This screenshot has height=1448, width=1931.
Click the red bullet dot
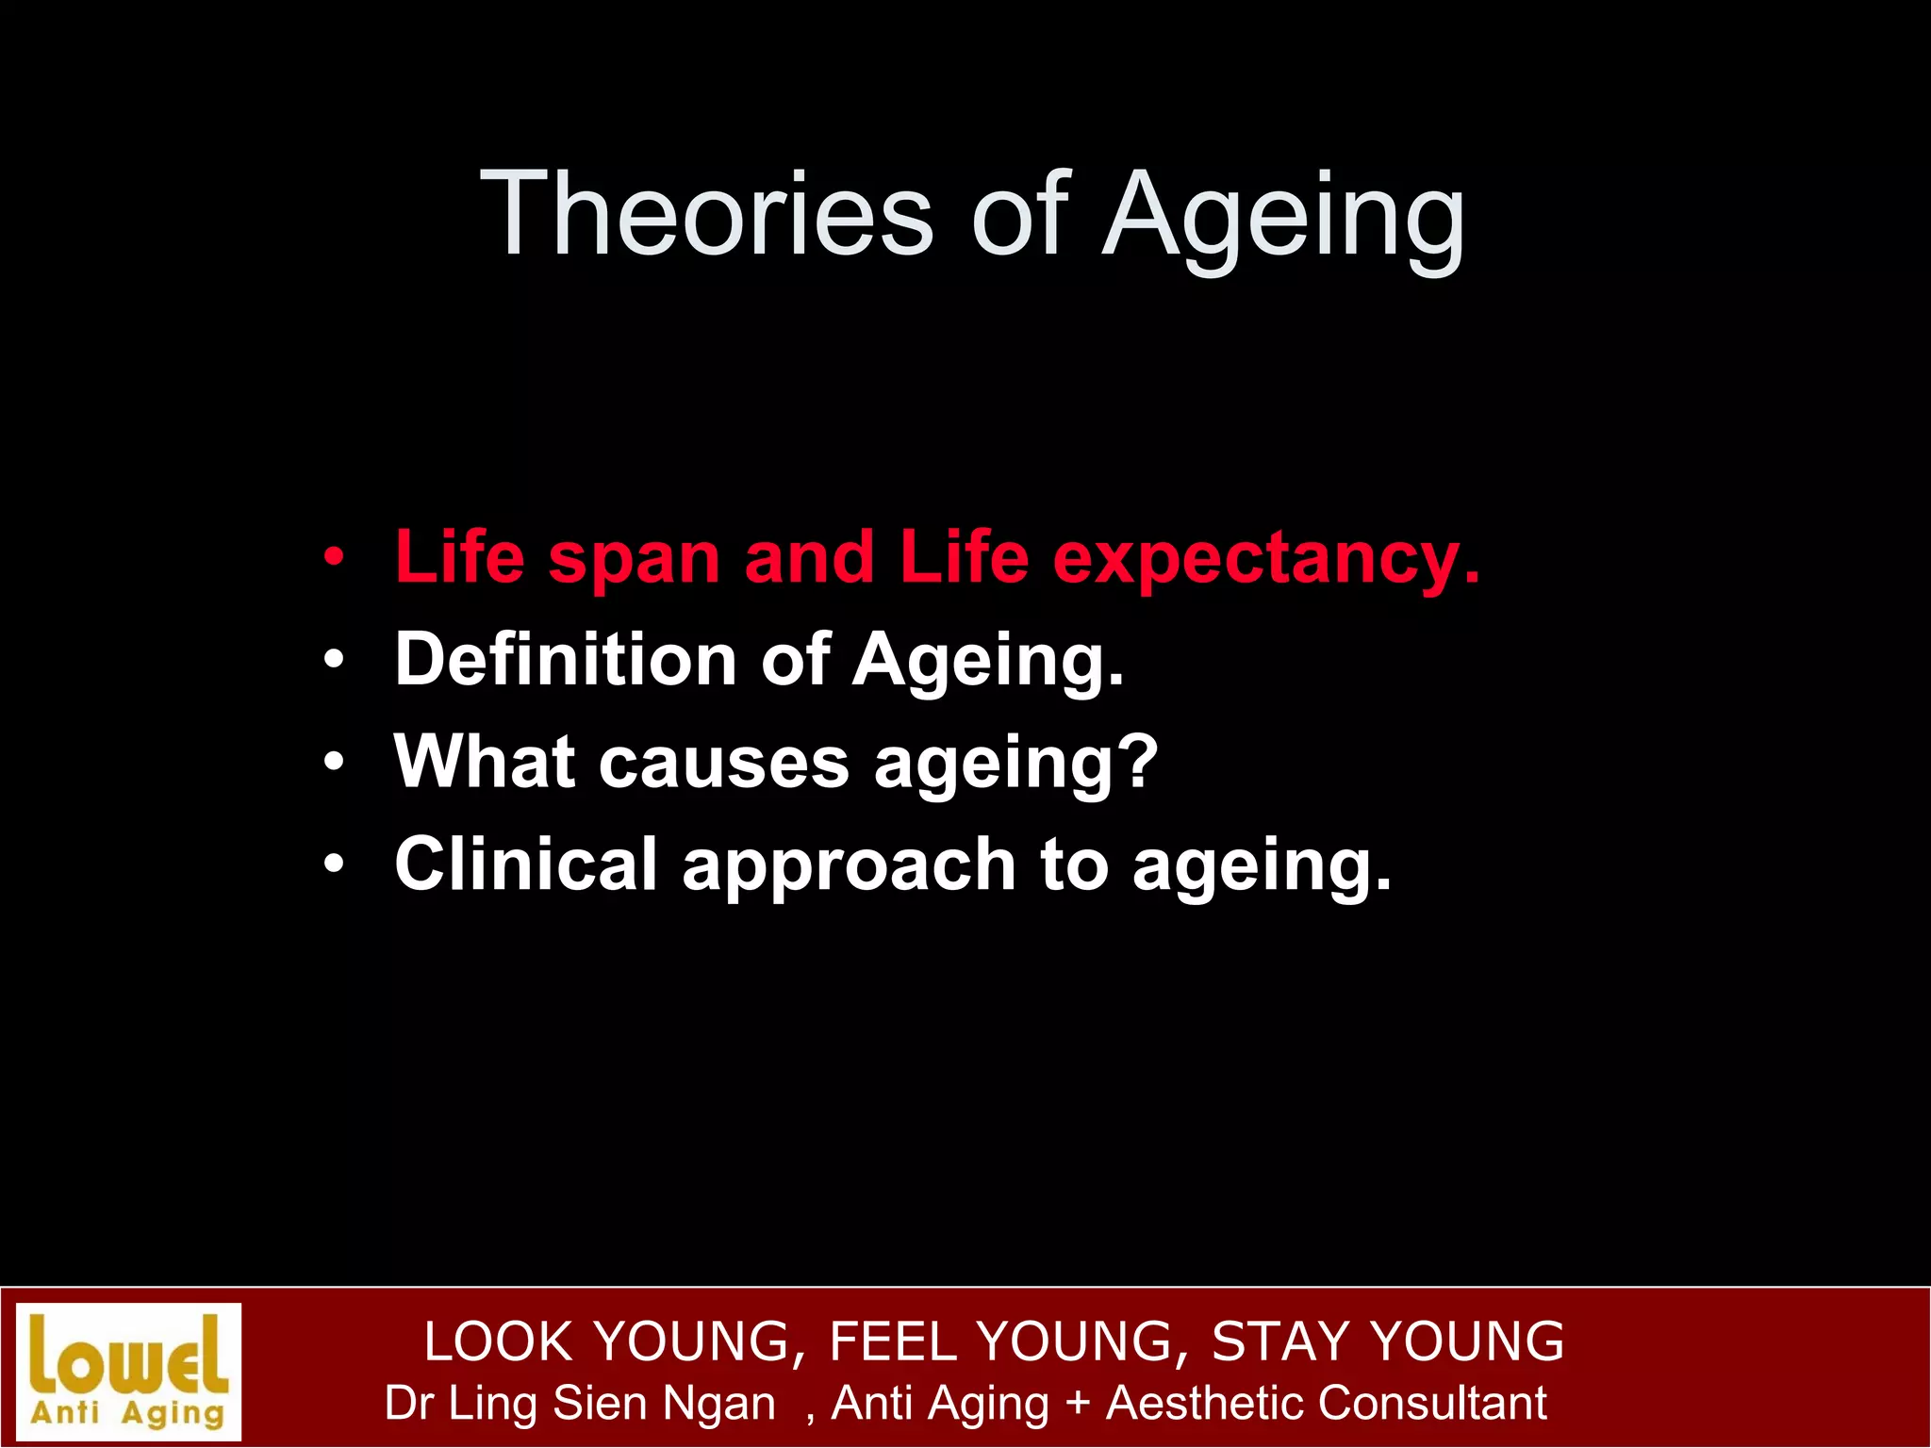[334, 557]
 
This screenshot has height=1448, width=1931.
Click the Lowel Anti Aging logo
[129, 1372]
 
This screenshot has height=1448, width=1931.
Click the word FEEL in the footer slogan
[892, 1341]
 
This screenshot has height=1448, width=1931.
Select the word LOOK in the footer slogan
[499, 1341]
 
